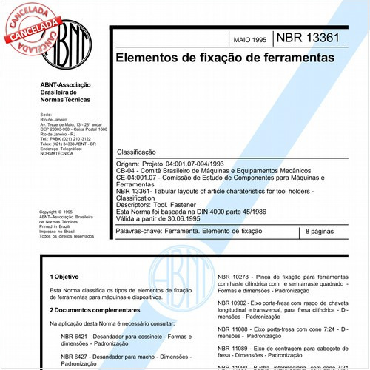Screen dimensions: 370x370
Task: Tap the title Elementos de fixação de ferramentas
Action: pyautogui.click(x=223, y=56)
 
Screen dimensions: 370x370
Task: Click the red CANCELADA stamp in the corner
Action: pyautogui.click(x=31, y=26)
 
